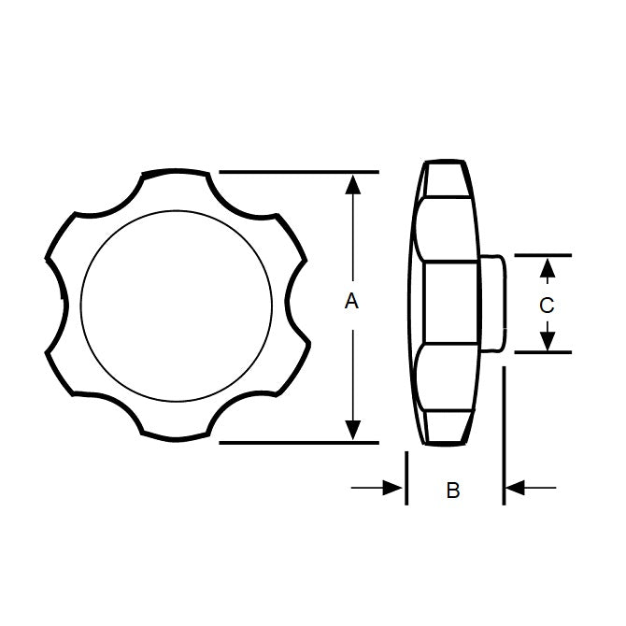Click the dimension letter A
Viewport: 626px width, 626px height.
351,301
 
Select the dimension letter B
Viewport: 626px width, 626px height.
453,490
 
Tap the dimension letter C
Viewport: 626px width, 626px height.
548,305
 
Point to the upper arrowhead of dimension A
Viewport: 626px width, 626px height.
352,183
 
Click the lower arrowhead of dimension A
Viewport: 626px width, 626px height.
352,429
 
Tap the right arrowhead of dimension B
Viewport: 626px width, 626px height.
515,487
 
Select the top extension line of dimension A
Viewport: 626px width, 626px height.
299,172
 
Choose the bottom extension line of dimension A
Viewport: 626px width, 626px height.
299,441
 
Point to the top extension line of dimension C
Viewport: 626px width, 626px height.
542,254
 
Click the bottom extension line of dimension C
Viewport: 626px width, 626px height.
542,352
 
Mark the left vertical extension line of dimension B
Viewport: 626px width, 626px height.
406,478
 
